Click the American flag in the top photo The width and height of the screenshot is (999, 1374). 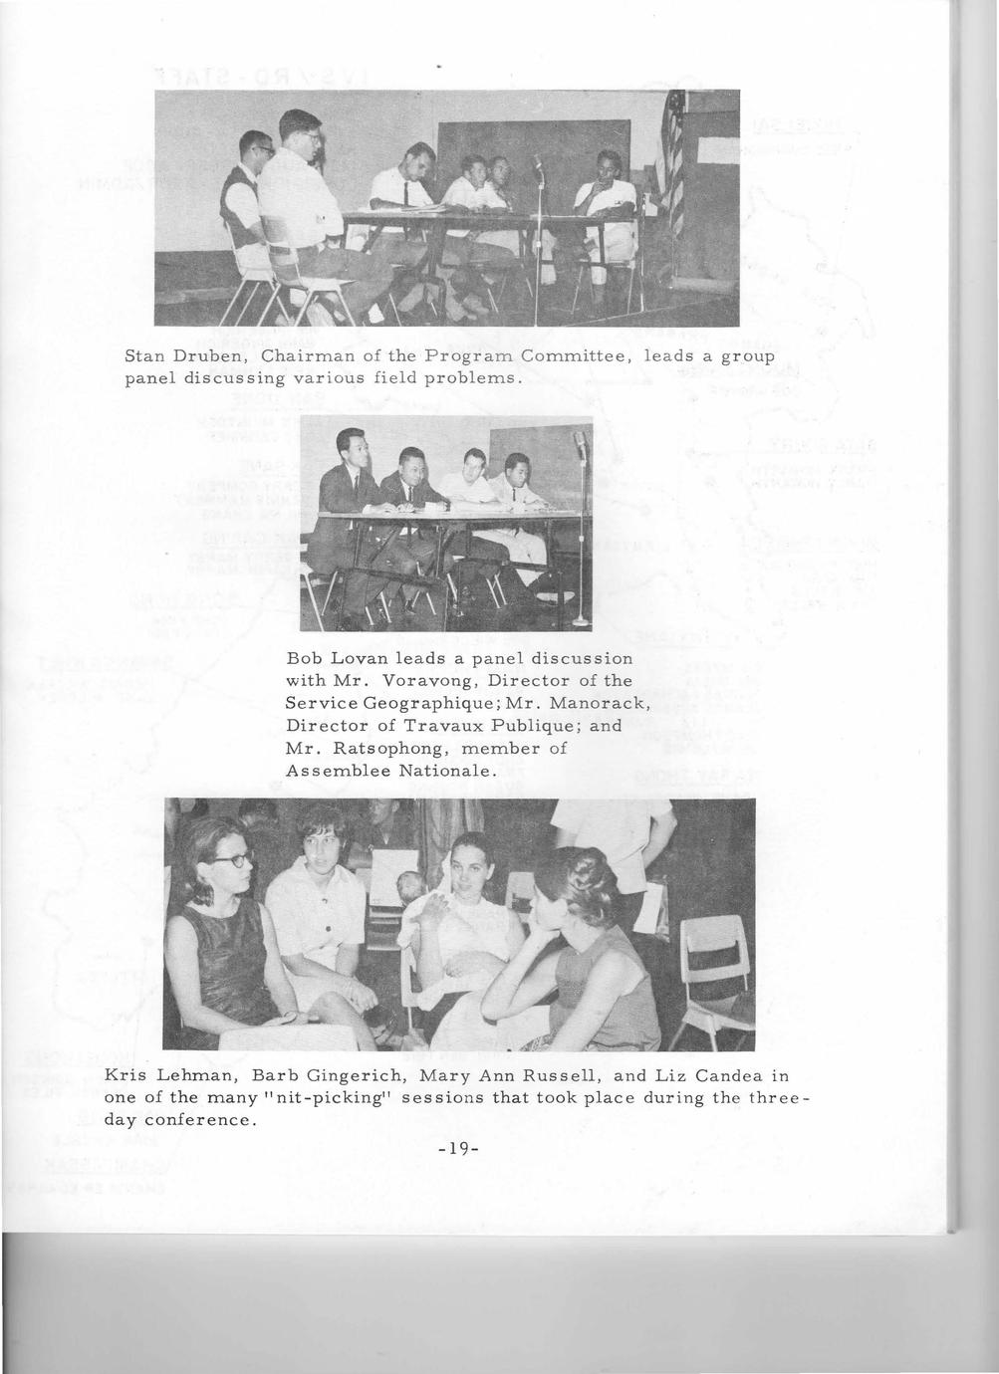(x=674, y=149)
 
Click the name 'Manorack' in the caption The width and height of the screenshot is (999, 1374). (x=595, y=703)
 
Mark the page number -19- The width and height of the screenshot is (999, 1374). (x=459, y=1149)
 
